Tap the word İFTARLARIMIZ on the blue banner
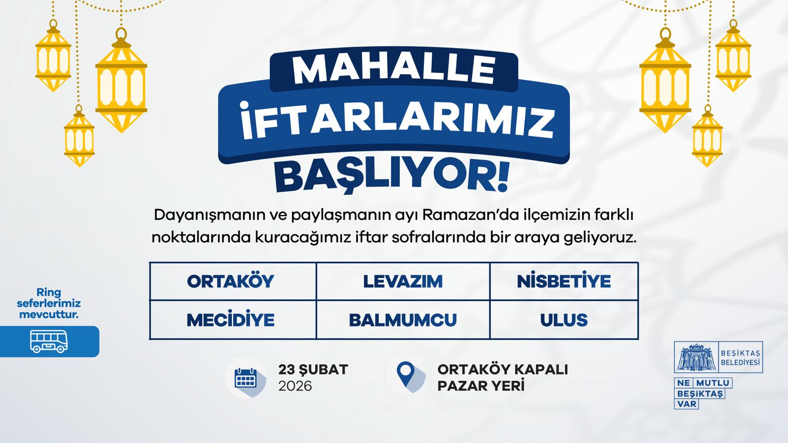(397, 120)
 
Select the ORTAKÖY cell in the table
(233, 281)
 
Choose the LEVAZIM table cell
(403, 281)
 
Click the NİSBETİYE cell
(564, 281)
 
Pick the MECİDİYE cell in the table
(233, 320)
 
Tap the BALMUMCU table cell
(403, 320)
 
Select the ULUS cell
(564, 320)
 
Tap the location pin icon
(406, 374)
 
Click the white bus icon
(49, 341)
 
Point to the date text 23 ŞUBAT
(313, 370)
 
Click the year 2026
(295, 386)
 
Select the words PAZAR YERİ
(481, 386)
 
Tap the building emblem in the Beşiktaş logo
(696, 357)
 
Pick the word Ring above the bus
(49, 292)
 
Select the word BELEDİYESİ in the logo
(740, 362)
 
